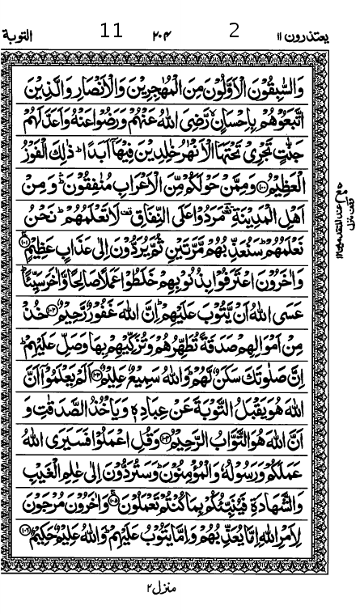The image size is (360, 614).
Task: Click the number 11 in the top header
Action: [111, 31]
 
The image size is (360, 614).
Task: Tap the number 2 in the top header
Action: [235, 31]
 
